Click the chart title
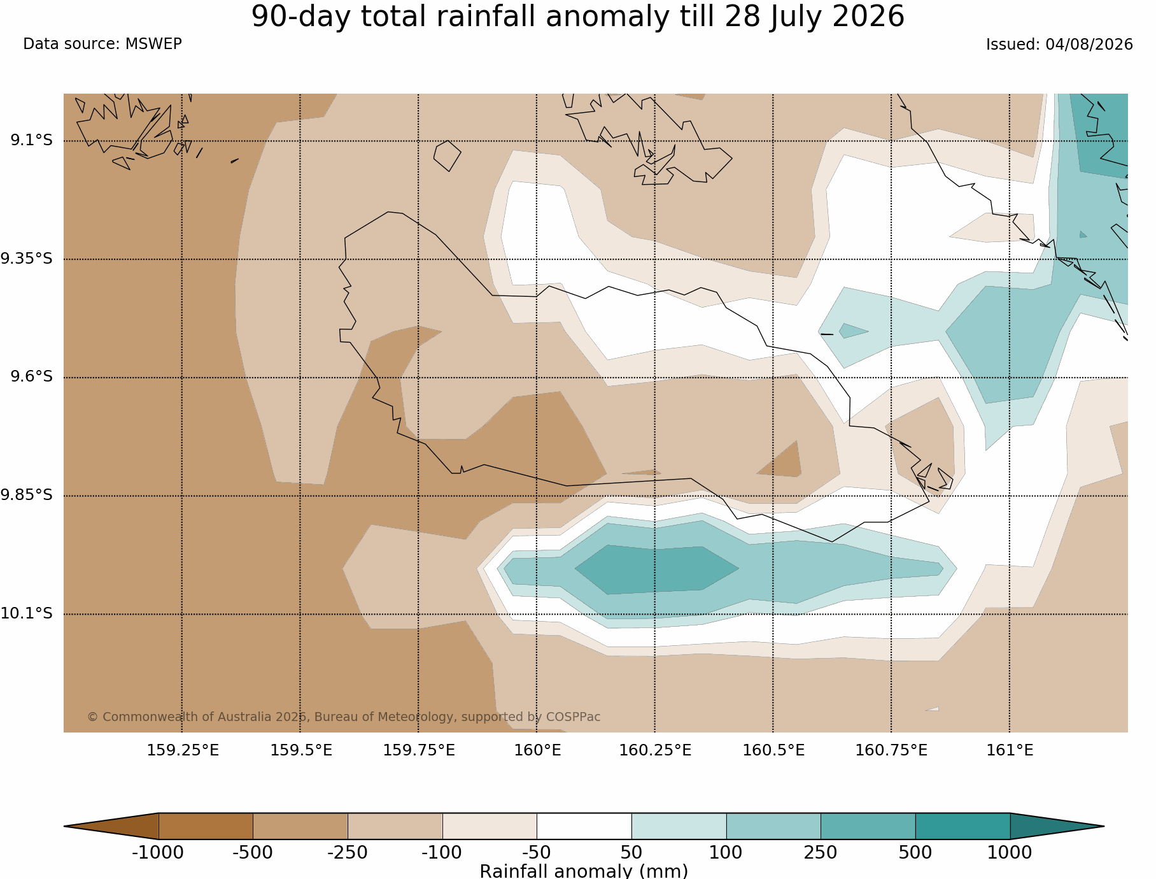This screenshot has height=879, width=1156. click(x=577, y=17)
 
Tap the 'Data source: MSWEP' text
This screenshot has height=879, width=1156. click(x=102, y=44)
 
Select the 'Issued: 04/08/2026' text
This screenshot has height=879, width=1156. click(x=1059, y=45)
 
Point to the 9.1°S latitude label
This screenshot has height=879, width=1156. click(x=31, y=140)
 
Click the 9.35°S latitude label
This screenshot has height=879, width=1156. click(x=27, y=259)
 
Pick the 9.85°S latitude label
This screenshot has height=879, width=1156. click(x=27, y=495)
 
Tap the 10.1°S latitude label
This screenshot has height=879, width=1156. click(x=27, y=613)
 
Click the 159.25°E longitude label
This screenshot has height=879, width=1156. click(x=183, y=750)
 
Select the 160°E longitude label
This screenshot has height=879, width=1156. click(x=537, y=750)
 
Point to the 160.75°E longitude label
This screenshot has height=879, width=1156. click(x=891, y=750)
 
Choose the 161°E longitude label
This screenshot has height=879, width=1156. click(x=1010, y=750)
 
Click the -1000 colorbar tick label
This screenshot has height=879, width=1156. click(x=158, y=852)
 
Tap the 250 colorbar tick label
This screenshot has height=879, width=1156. click(x=821, y=852)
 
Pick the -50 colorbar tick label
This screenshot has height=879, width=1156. click(x=537, y=852)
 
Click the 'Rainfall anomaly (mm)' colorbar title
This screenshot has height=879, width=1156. click(x=584, y=871)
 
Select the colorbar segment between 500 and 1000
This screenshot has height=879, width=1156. click(x=962, y=826)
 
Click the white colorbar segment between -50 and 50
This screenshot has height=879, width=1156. click(x=584, y=826)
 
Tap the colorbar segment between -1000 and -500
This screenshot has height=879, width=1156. click(x=206, y=826)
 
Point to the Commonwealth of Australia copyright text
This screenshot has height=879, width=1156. click(x=344, y=717)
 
